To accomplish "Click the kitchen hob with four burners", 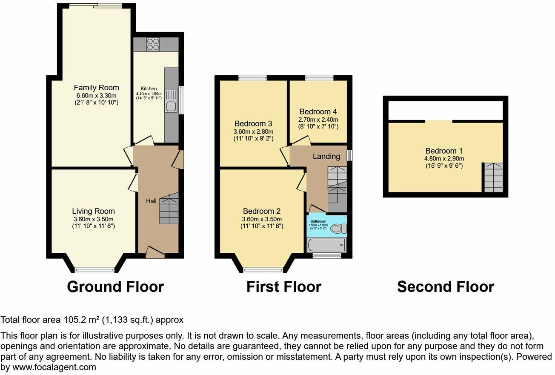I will [153, 44].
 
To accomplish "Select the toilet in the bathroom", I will [337, 229].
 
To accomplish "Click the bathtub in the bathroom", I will [326, 245].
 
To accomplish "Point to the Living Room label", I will [93, 211].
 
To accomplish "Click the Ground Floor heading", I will [115, 286].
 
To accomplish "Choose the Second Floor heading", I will [445, 286].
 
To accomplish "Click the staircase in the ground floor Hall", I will [169, 209].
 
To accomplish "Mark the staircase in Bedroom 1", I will [492, 177].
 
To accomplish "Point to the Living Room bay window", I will [94, 270].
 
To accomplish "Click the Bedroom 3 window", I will [252, 78].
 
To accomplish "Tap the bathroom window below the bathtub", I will [327, 255].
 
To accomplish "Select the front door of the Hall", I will [155, 252].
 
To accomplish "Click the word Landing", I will [326, 156].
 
